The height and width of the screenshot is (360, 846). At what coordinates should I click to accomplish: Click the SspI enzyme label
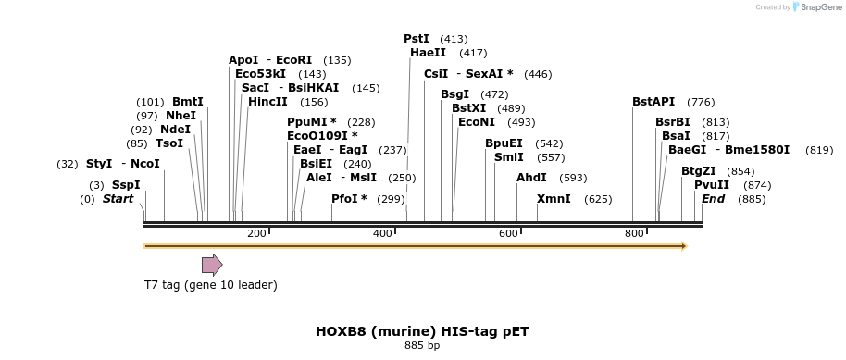[126, 185]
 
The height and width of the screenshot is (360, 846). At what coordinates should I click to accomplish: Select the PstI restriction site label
[417, 38]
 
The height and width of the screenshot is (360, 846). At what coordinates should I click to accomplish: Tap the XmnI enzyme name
[554, 199]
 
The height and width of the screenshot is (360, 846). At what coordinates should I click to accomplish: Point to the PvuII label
[712, 185]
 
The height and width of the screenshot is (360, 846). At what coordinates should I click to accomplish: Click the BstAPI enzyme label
[653, 102]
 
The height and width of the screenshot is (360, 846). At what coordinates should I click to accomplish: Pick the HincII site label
[267, 102]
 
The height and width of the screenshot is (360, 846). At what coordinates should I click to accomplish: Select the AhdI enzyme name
[531, 178]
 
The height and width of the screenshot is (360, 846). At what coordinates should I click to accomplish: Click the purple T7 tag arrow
[212, 265]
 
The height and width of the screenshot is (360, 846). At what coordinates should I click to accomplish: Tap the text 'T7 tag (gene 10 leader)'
[210, 284]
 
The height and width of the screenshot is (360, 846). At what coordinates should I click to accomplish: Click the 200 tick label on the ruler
[256, 233]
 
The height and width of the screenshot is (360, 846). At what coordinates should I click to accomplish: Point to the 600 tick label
[508, 233]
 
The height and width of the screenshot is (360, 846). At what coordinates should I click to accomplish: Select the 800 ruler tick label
[635, 233]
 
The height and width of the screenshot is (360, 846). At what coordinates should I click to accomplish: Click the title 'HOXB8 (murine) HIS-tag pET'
[422, 331]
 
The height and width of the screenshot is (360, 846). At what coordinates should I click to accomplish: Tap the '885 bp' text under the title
[422, 345]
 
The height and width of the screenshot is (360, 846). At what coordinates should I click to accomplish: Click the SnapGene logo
[817, 7]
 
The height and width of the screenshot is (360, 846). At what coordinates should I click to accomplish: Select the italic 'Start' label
[118, 199]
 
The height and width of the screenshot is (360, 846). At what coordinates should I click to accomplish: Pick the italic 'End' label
[713, 199]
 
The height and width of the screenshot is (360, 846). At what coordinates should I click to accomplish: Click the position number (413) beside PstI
[454, 39]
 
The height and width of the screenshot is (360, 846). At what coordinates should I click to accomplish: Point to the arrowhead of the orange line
[685, 247]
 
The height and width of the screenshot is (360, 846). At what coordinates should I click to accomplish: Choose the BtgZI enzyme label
[699, 171]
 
